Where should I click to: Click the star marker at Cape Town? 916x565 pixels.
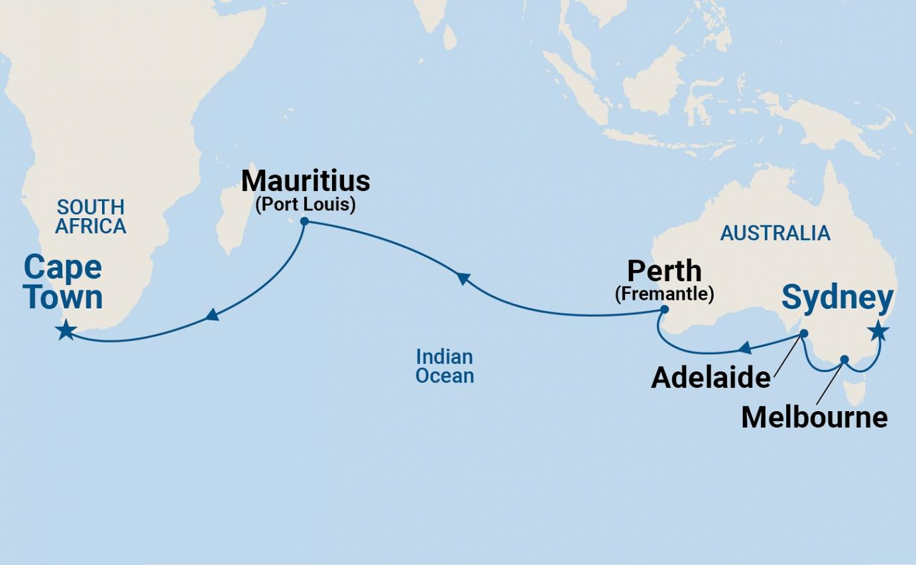coord(66,330)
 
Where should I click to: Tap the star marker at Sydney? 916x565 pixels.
coord(880,330)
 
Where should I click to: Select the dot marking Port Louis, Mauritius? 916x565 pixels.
coord(304,221)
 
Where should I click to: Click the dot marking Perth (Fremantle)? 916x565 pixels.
coord(665,309)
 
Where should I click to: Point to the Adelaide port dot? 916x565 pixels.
coord(803,334)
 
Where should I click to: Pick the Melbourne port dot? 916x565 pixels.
coord(844,360)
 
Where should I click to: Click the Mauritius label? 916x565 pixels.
coord(306,181)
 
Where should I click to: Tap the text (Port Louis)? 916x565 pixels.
coord(306,204)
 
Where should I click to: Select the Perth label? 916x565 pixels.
coord(664,271)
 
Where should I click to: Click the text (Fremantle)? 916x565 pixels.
coord(664,294)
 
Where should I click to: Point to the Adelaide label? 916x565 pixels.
coord(711,378)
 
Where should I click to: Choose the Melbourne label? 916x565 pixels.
coord(814,417)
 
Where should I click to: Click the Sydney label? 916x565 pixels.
coord(837,297)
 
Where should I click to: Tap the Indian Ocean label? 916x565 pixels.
coord(445,366)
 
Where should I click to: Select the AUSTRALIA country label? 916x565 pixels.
coord(775,233)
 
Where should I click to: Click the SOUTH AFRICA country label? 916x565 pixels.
coord(90,217)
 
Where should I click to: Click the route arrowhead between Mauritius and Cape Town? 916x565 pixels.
coord(211,314)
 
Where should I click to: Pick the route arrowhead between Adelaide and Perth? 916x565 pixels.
coord(745,347)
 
